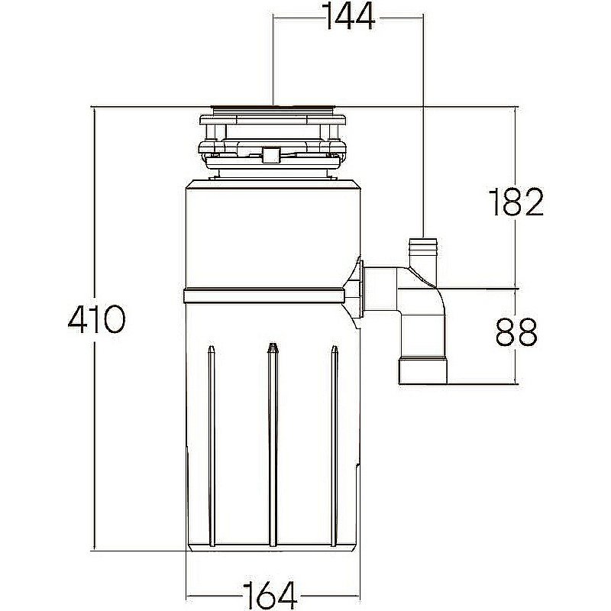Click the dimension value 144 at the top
click(x=350, y=18)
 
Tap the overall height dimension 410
click(x=97, y=318)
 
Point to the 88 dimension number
click(x=517, y=331)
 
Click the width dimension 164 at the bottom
click(x=270, y=596)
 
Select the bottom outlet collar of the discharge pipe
click(x=423, y=371)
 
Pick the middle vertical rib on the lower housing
click(x=273, y=445)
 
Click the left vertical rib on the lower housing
click(x=212, y=446)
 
